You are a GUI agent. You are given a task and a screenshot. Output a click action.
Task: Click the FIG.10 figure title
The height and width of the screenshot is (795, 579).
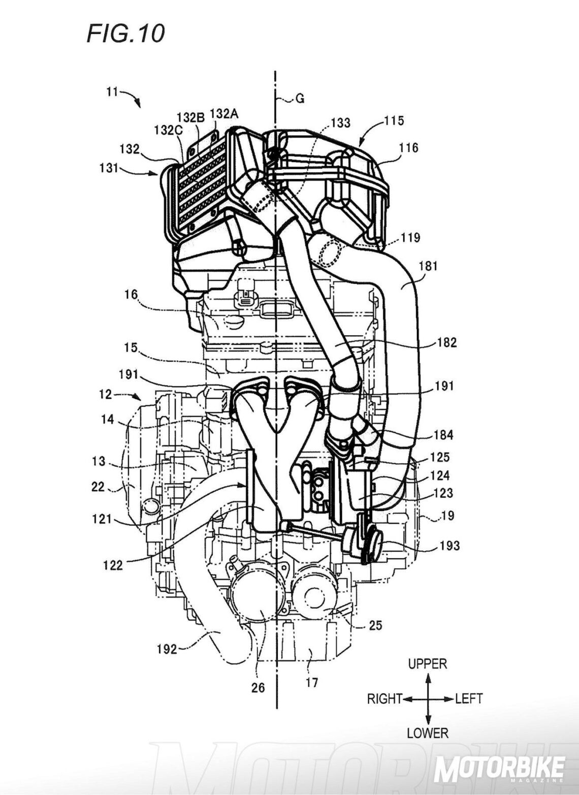(x=125, y=34)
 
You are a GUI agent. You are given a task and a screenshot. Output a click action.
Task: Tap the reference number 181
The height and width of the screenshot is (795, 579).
(x=428, y=265)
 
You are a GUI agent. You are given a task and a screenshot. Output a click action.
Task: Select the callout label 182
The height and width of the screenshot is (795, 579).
(x=446, y=342)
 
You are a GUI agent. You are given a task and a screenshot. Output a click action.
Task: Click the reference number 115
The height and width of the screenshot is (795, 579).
(x=394, y=120)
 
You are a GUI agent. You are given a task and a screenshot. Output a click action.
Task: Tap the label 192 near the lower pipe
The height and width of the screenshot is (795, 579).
(x=166, y=649)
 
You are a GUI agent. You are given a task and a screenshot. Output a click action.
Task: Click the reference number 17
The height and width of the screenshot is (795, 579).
(x=312, y=682)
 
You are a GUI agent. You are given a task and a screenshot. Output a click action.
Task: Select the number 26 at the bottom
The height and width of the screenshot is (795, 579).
(x=258, y=687)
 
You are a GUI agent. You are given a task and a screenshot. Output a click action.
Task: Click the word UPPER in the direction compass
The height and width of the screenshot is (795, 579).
(x=428, y=663)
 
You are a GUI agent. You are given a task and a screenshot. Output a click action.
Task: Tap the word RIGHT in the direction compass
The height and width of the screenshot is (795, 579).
(x=384, y=698)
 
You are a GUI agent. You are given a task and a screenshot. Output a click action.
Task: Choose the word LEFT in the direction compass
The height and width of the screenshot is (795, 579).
(x=468, y=698)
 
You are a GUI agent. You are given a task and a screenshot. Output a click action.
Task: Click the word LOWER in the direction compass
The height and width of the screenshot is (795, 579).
(x=428, y=733)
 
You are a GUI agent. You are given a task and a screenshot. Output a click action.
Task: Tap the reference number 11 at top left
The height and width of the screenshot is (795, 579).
(x=112, y=92)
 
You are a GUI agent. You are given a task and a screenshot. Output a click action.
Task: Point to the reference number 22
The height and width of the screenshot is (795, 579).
(x=98, y=487)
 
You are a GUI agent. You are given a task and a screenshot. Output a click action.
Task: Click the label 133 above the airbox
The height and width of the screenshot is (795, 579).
(x=340, y=122)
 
